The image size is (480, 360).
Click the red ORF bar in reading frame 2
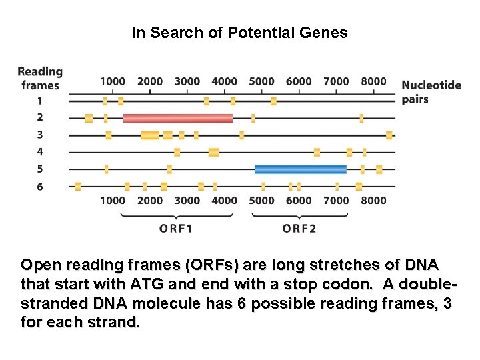tap(178, 118)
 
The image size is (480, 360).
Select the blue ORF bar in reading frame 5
tap(300, 169)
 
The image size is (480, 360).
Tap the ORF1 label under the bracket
tap(176, 228)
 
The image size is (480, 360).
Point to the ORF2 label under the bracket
tap(299, 228)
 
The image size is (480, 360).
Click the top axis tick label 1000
tap(113, 81)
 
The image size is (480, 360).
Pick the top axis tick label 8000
tap(373, 81)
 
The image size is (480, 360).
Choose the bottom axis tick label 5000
tap(261, 200)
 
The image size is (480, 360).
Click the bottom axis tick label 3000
tap(187, 200)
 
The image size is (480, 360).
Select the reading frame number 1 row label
tap(39, 101)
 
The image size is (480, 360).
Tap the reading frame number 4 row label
tap(39, 152)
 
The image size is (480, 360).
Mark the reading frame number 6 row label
tap(39, 187)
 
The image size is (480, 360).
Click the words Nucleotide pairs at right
tap(431, 92)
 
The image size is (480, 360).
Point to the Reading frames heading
tap(40, 78)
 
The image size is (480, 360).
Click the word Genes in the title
tap(325, 32)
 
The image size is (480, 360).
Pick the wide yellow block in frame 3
tap(150, 135)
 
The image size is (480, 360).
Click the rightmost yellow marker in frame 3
tap(389, 135)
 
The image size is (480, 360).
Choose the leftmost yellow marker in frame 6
tap(77, 187)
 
